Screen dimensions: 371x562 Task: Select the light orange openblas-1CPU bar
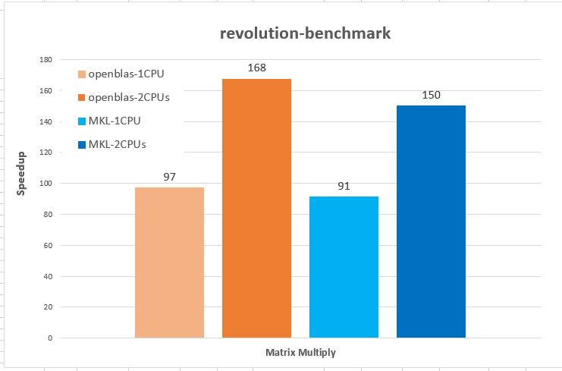coord(169,262)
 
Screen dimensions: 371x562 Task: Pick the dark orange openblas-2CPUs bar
coord(256,208)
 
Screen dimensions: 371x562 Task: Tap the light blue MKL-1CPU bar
coord(344,266)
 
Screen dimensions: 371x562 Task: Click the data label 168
coord(256,68)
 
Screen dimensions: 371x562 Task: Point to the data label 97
coord(169,177)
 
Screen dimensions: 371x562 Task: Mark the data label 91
coord(344,186)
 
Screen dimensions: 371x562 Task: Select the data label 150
coord(431,96)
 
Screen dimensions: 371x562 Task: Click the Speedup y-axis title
coord(21,174)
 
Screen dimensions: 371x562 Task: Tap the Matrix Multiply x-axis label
coord(300,353)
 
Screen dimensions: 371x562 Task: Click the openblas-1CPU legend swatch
coord(81,74)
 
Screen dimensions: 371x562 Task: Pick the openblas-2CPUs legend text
coord(128,97)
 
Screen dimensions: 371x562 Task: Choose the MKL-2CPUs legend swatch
coord(81,143)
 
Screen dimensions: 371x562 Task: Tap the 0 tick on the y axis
coord(49,338)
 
